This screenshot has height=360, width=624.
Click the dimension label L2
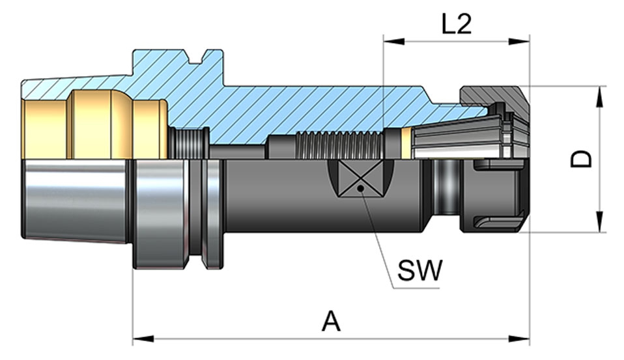point(455,24)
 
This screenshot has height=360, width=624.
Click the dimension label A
point(332,321)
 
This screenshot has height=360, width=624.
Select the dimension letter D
point(581,158)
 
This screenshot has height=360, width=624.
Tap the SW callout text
point(420,270)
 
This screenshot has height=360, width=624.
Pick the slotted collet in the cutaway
point(462,137)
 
